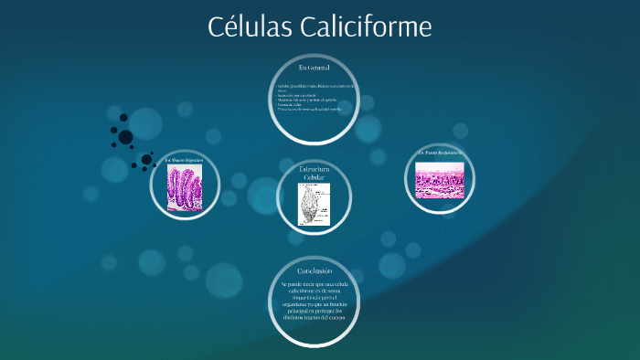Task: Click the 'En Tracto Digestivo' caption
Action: coord(190,161)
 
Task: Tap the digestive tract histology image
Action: coord(190,188)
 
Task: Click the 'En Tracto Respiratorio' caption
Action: coord(440,153)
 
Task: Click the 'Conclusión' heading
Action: coord(314,271)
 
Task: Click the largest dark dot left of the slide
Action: coord(125,138)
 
